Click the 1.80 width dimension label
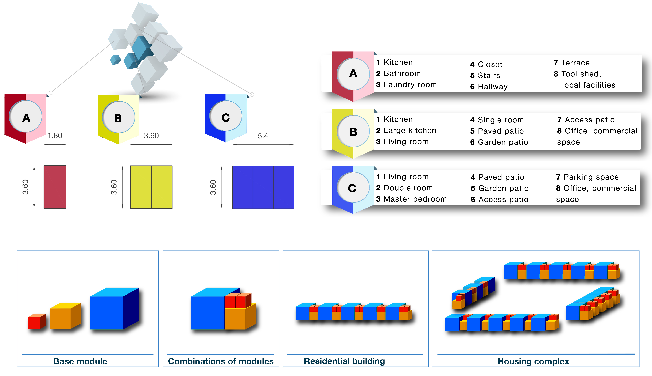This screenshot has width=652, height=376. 55,136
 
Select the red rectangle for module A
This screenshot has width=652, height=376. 55,187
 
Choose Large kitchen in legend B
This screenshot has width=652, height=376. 410,130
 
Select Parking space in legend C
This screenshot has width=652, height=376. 591,177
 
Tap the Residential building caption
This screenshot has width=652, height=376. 344,361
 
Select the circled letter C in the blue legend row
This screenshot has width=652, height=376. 352,188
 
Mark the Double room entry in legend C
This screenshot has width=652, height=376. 408,188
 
